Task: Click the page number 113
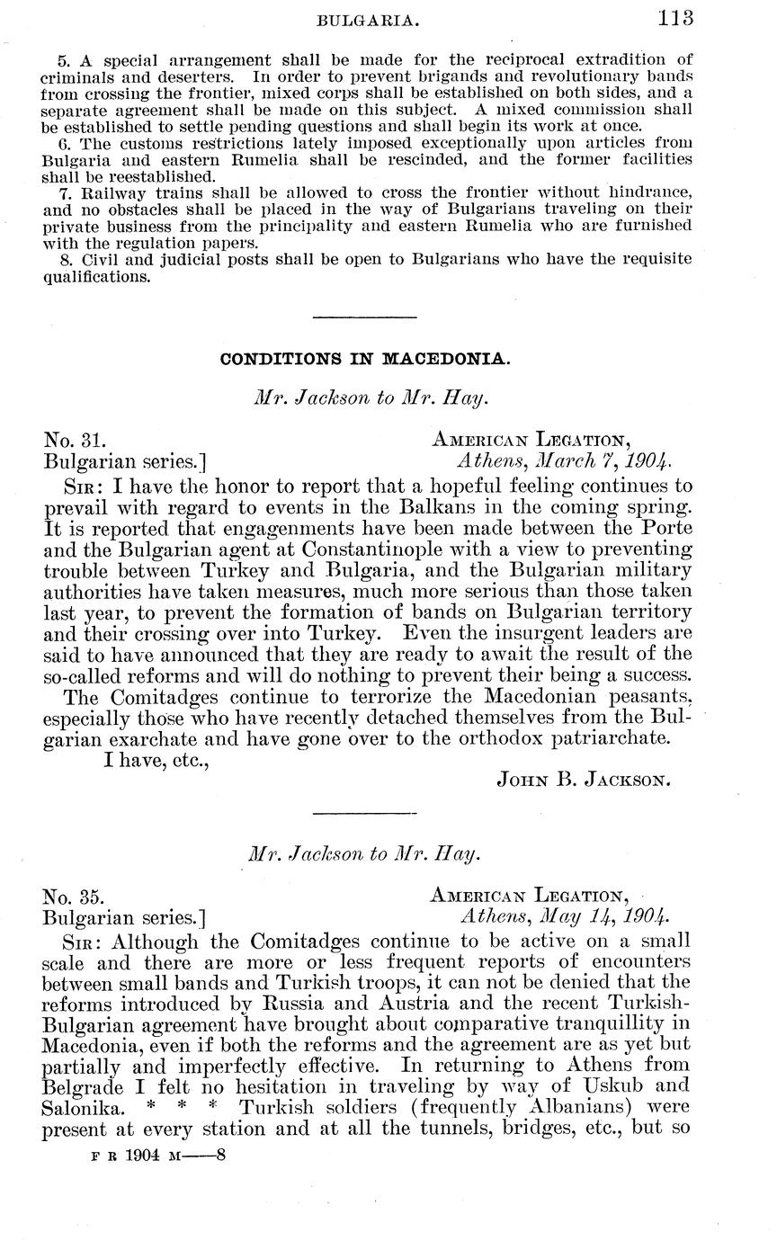[675, 17]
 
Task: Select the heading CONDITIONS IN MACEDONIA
[365, 358]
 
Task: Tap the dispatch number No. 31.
[76, 441]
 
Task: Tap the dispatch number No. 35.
[75, 896]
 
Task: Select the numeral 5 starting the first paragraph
[62, 61]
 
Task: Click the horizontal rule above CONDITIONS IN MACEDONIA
[364, 317]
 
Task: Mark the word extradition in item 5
[622, 61]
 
